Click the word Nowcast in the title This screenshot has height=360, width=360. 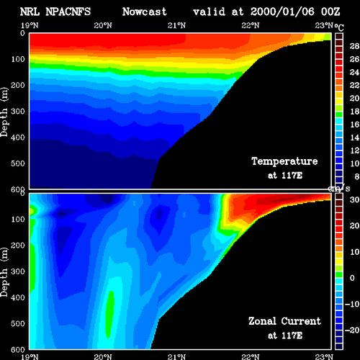coord(144,12)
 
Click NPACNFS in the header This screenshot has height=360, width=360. coord(68,12)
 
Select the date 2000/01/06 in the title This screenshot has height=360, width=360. coord(282,12)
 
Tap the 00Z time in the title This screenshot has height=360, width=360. coord(330,12)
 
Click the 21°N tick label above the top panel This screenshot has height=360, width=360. coord(176,25)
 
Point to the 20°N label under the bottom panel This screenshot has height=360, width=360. coord(103,357)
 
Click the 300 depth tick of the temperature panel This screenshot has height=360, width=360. coord(18,112)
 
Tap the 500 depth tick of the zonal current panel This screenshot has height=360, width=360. coord(18,323)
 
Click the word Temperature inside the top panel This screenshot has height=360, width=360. coord(284,161)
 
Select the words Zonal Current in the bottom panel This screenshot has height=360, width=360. coord(284,321)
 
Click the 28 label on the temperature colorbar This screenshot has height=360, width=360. coord(354,46)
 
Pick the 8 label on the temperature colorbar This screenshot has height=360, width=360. coord(356,176)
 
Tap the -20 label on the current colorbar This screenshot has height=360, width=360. coord(352,330)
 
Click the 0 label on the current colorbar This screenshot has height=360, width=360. coord(352,278)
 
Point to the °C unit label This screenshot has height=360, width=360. coord(339,27)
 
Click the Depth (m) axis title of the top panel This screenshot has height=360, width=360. coord(4,112)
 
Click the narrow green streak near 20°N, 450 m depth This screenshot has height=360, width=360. coord(109,314)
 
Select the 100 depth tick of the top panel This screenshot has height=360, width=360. coord(18,59)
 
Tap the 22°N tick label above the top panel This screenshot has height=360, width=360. coord(251,25)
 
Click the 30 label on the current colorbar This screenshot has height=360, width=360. coord(354,199)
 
